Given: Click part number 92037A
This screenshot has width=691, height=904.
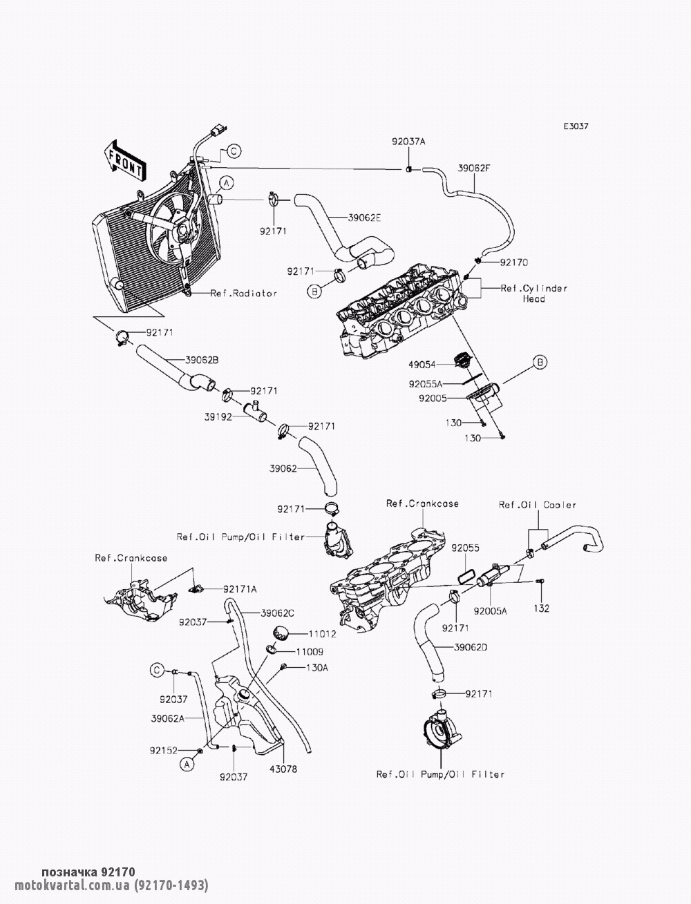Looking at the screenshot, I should click(408, 141).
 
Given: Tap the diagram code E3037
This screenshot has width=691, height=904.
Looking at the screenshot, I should click(576, 127).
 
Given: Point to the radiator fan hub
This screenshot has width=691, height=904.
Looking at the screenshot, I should click(181, 230).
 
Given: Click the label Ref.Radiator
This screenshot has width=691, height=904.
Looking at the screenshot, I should click(243, 294).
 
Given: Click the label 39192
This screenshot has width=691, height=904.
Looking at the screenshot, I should click(218, 417).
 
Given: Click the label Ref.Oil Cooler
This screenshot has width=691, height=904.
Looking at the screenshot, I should click(537, 505).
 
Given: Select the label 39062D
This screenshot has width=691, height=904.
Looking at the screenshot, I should click(471, 648).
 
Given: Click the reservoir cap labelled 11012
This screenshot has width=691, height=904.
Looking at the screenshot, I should click(281, 631).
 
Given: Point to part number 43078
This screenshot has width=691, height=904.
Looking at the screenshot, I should click(283, 769).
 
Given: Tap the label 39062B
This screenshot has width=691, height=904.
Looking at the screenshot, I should click(202, 360).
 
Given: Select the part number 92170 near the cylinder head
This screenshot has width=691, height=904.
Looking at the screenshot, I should click(513, 263).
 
